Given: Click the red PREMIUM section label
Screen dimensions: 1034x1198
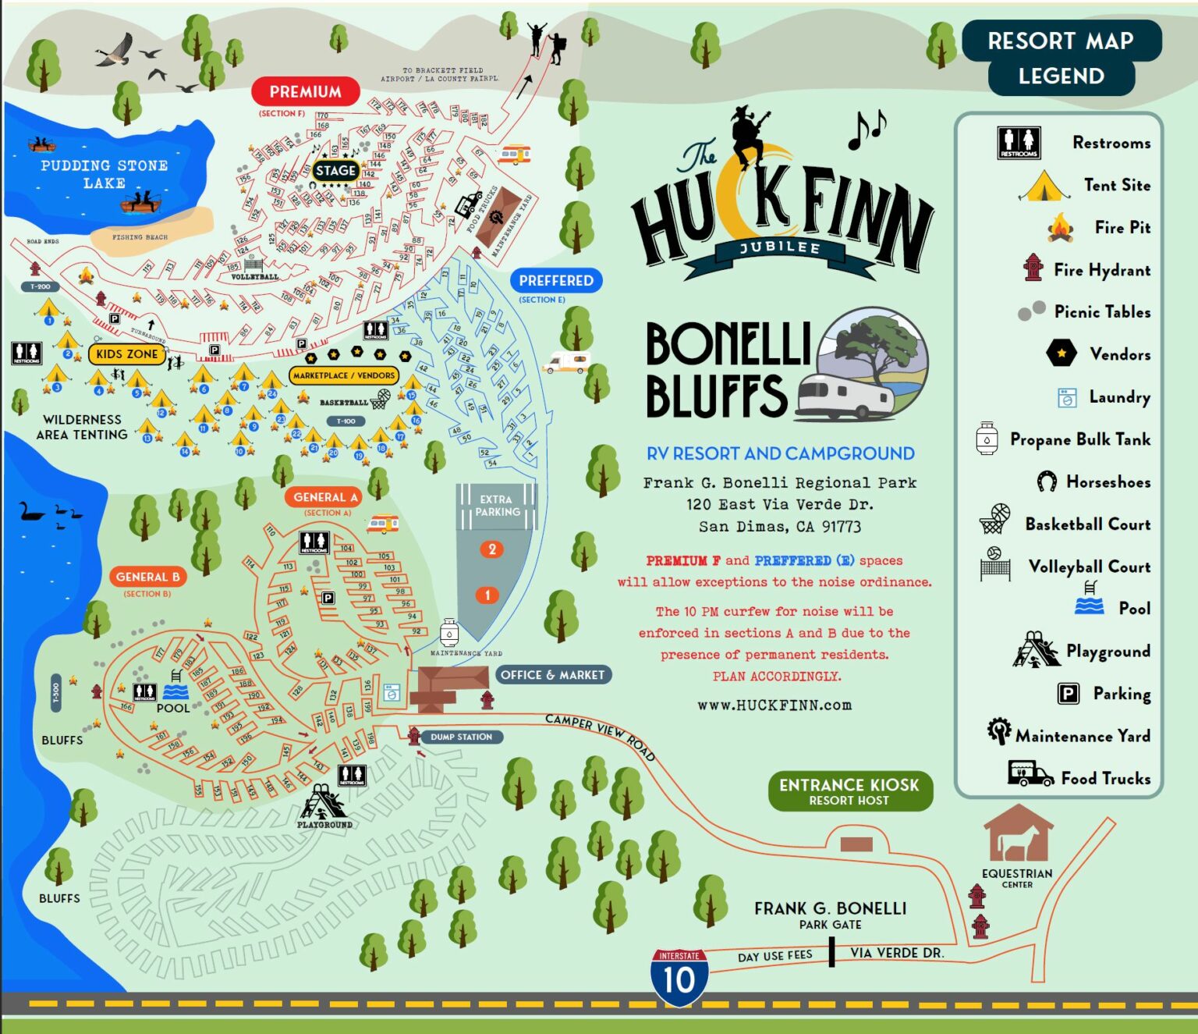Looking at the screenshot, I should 305,92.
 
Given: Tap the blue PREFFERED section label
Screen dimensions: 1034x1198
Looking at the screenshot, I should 556,281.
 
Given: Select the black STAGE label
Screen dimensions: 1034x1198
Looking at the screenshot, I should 336,170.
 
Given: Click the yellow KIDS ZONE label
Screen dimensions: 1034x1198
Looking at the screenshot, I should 127,354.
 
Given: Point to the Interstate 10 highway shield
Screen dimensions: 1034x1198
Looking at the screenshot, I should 679,977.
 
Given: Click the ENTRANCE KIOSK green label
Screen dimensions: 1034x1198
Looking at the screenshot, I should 849,791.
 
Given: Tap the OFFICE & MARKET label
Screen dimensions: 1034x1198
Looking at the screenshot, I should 552,675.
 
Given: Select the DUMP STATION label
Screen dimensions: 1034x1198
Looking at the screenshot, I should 461,737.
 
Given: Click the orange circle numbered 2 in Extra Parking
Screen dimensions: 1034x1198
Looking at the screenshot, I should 492,549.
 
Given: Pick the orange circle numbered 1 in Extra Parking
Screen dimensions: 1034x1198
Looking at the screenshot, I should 487,595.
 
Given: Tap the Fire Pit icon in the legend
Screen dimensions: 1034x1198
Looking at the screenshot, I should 1060,228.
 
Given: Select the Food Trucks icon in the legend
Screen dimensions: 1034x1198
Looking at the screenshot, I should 1030,773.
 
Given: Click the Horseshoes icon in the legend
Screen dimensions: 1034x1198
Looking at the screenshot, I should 1047,481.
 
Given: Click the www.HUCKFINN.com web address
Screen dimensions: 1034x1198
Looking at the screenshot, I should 774,705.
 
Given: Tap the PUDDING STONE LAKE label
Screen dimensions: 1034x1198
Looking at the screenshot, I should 105,174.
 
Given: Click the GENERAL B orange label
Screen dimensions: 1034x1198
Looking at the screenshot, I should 147,577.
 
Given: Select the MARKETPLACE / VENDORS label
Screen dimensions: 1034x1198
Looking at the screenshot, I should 344,375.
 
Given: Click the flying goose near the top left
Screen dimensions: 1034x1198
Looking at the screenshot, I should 115,51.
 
